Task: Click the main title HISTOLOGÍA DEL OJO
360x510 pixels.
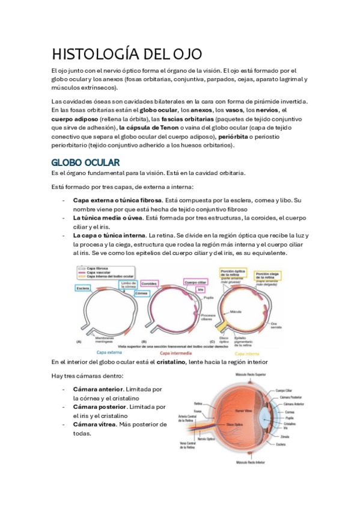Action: coord(127,55)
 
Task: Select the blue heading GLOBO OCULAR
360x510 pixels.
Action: coord(85,162)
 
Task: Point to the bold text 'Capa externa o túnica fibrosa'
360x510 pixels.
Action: coord(117,200)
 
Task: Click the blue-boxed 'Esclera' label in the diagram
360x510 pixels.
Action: coord(83,288)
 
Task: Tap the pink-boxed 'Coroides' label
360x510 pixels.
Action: coord(149,282)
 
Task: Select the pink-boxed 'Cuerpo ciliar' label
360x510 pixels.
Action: coord(195,281)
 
